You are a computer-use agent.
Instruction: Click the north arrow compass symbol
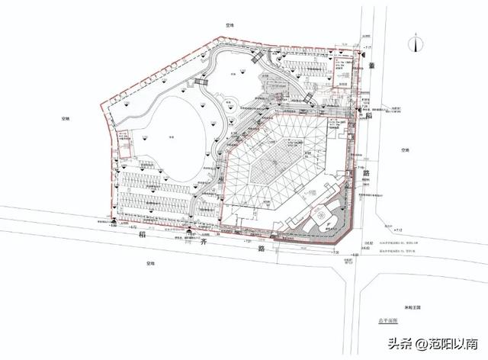415,43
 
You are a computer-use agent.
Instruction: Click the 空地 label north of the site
228,25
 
